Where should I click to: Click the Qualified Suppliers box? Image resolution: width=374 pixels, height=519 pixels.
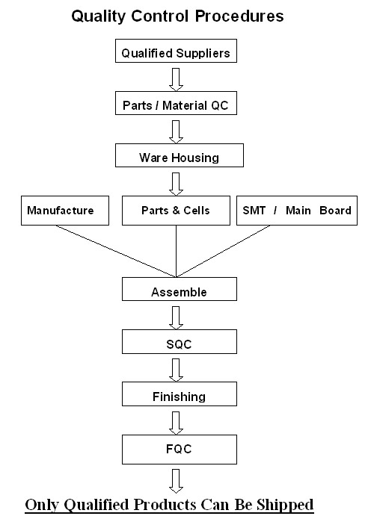click(x=176, y=51)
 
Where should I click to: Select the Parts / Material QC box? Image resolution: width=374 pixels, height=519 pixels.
click(x=176, y=103)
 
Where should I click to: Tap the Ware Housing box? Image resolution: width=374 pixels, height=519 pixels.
click(x=180, y=155)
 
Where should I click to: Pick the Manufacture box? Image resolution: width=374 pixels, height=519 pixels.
click(x=65, y=211)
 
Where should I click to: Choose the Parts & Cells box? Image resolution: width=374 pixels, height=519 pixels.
click(x=176, y=211)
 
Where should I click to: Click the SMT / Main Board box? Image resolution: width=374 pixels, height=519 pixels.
click(x=297, y=211)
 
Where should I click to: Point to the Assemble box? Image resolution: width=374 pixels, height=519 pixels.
click(x=180, y=289)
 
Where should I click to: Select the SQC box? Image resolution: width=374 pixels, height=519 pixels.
click(x=180, y=341)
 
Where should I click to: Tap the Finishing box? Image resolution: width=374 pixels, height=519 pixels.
click(x=180, y=394)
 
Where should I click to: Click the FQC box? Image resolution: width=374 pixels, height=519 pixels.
click(x=180, y=450)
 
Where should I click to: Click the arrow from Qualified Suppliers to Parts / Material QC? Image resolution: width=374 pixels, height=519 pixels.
click(x=176, y=79)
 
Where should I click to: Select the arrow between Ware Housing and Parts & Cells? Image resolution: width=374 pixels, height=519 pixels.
click(x=176, y=184)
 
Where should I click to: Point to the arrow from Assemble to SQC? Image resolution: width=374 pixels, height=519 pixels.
click(x=176, y=318)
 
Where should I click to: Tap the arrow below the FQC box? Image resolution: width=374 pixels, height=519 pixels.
click(x=176, y=481)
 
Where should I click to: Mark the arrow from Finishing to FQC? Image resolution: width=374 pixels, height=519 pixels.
click(x=176, y=423)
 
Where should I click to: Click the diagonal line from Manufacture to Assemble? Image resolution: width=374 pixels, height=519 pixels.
click(x=116, y=251)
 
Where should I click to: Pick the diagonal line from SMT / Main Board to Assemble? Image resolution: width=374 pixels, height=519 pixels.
click(x=223, y=251)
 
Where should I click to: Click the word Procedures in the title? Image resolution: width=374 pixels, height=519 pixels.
click(x=239, y=16)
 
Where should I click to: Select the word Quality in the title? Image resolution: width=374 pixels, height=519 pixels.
click(x=99, y=16)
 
